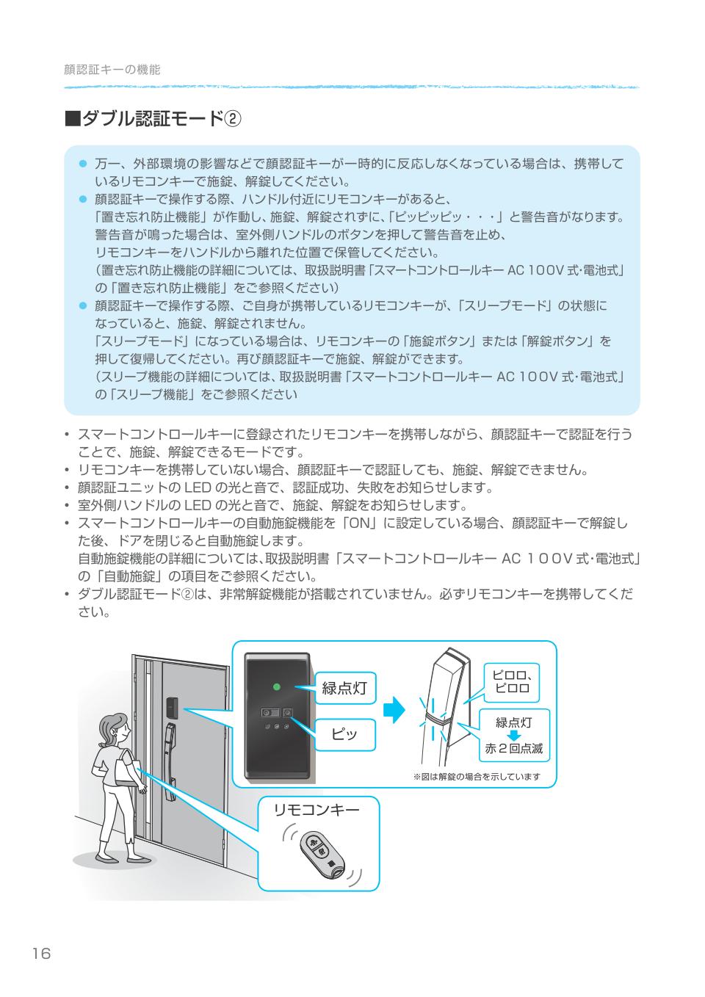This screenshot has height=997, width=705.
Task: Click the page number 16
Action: (41, 954)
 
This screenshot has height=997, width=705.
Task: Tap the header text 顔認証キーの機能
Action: (112, 70)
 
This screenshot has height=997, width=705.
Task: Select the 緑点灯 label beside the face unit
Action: (344, 688)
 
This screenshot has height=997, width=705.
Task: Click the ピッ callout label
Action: (344, 734)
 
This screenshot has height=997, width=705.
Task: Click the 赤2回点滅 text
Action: (513, 749)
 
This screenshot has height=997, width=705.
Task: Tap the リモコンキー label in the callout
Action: (317, 810)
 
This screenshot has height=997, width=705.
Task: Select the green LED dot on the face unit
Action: (276, 687)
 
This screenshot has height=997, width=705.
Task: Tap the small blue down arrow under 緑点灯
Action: (513, 736)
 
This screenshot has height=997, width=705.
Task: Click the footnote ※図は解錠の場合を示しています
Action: (477, 777)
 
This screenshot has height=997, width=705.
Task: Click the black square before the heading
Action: (71, 119)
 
